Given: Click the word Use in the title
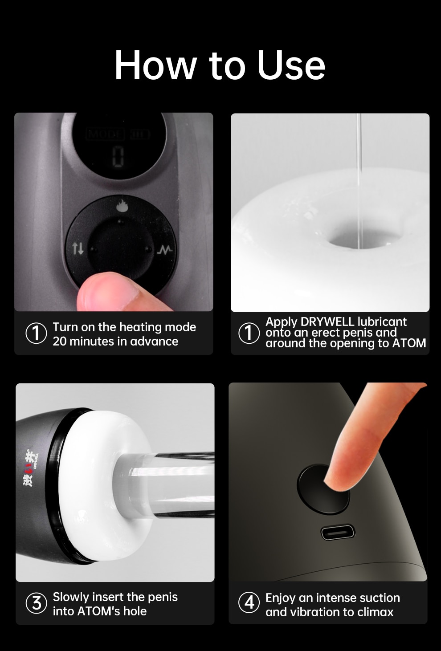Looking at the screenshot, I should tap(291, 65).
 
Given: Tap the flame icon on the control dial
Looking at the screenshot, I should tap(122, 206).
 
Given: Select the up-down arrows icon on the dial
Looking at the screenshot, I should tap(78, 248).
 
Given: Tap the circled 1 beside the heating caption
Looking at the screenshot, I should tap(36, 334).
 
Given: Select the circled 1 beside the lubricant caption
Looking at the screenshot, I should tap(249, 333).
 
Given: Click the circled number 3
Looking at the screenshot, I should tap(36, 603).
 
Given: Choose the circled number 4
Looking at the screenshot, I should tap(249, 603).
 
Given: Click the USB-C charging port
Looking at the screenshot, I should tap(338, 532).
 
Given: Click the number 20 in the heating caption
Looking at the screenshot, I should tap(60, 342).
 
